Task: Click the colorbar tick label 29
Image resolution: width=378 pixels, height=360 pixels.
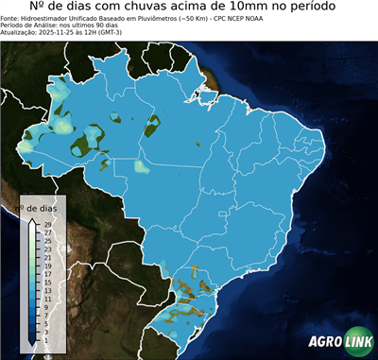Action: click(47, 223)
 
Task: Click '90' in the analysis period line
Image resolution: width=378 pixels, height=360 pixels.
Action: click(101, 26)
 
